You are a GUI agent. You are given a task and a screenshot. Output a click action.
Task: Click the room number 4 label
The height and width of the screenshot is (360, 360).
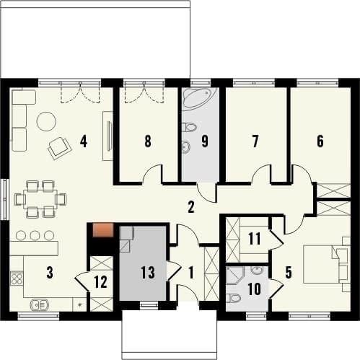[83, 141]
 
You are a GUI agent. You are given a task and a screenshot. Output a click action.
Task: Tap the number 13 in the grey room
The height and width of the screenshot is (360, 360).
[148, 273]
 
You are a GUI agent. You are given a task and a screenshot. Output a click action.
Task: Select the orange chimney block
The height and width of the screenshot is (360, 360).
[103, 230]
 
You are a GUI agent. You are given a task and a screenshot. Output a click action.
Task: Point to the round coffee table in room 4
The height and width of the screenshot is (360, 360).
[46, 122]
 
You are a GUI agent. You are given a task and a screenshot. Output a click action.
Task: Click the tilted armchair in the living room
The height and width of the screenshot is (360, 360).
[60, 148]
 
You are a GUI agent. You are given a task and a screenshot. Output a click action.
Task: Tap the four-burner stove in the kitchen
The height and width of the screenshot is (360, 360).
[17, 278]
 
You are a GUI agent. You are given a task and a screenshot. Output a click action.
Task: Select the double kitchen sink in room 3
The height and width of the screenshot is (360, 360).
[39, 305]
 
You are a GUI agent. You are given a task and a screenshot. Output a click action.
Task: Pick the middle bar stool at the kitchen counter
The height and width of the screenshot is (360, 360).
[35, 235]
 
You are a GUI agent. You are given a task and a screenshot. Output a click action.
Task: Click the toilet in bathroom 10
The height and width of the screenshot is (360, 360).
[234, 298]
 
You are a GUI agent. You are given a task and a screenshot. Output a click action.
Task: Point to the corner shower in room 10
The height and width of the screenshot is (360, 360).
[235, 275]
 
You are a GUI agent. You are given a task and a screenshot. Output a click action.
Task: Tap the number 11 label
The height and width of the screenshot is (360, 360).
[255, 239]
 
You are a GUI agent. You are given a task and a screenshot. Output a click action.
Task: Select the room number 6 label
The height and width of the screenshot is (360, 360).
[320, 141]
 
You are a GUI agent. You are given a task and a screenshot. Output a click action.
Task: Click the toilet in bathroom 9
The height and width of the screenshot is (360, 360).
[189, 127]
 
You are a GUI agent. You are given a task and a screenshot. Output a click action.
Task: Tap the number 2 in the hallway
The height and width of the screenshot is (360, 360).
[190, 207]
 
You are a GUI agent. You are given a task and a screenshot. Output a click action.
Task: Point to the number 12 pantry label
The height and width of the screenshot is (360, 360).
[101, 282]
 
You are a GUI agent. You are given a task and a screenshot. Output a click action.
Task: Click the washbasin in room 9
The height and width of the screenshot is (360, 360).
[186, 146]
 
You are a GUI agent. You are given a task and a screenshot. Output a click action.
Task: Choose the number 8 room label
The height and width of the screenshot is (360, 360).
[148, 141]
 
